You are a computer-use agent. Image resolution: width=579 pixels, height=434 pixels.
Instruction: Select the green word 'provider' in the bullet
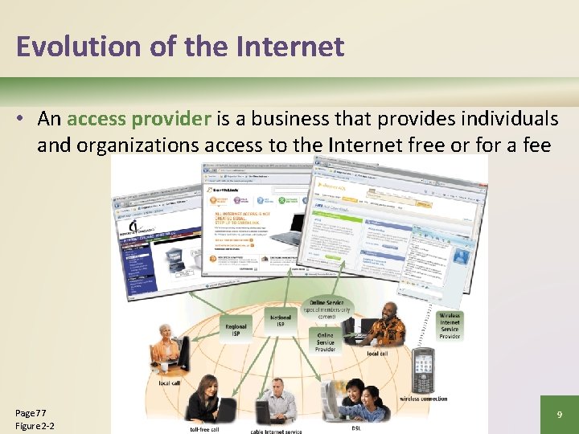tap(171, 119)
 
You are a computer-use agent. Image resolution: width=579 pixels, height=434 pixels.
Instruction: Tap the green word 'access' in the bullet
tap(96, 119)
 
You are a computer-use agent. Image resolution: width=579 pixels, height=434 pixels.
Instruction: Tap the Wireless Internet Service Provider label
tap(450, 326)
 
